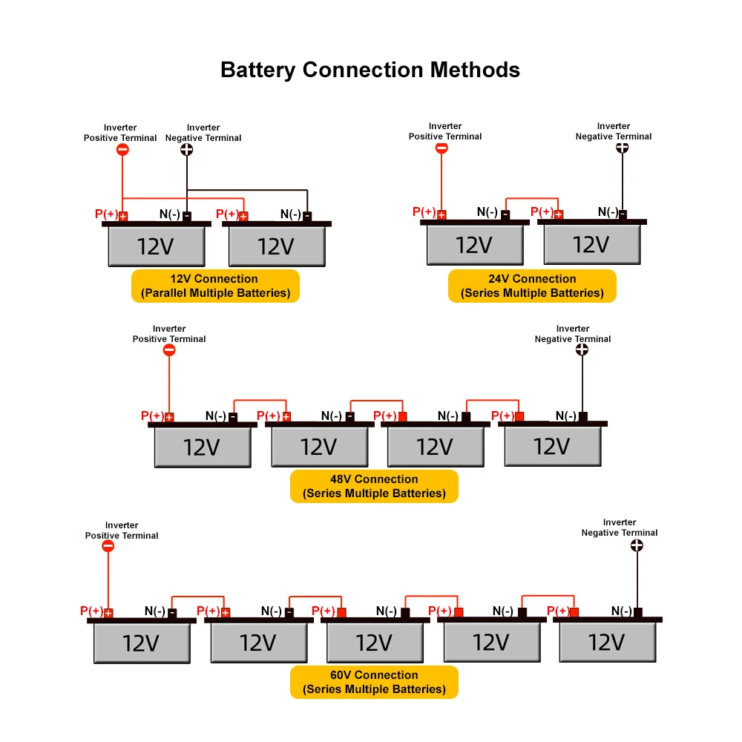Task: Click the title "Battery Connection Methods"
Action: (370, 70)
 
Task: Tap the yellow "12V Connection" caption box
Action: (215, 286)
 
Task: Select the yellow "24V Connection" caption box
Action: (532, 286)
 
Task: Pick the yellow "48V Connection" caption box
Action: (374, 486)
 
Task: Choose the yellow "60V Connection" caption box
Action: (374, 682)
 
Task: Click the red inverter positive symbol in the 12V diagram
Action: (123, 150)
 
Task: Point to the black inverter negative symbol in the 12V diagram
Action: (187, 150)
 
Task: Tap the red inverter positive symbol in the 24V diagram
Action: (441, 148)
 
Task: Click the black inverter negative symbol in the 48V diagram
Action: (582, 349)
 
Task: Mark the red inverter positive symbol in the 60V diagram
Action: (108, 546)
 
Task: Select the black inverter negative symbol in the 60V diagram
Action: (637, 546)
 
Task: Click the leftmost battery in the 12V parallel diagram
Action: (157, 246)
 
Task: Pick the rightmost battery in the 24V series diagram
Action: (591, 244)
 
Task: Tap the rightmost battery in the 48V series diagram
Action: (552, 446)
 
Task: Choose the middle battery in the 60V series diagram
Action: (374, 642)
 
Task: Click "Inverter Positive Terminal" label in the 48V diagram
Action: (169, 334)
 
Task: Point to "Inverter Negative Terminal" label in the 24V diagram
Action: (614, 131)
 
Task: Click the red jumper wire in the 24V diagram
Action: (531, 199)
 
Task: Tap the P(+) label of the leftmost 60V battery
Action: (92, 611)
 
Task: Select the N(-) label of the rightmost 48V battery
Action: (566, 416)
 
